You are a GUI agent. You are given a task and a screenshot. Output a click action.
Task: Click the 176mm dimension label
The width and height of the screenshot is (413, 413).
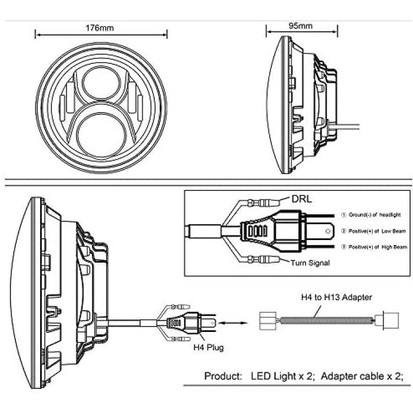click(100, 28)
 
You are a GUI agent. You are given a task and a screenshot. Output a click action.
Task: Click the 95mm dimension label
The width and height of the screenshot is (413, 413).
click(301, 26)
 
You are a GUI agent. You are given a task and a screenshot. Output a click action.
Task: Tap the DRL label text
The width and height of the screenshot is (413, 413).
click(302, 199)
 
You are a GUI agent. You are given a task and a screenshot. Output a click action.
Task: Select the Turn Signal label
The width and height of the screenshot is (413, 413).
click(310, 263)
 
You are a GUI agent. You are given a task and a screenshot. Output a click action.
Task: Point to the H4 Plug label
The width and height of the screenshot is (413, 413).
click(208, 347)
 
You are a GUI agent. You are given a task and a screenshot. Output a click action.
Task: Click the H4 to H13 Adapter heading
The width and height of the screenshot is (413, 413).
click(336, 297)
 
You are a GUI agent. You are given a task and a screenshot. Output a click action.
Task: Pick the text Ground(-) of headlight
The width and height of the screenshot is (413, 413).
click(374, 215)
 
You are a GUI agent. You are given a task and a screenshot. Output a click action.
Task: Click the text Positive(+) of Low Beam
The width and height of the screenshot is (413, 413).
click(377, 231)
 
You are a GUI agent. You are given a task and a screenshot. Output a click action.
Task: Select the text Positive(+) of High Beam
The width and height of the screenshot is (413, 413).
click(377, 247)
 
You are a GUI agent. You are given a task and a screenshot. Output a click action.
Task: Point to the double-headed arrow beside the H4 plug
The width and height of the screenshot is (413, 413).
click(232, 323)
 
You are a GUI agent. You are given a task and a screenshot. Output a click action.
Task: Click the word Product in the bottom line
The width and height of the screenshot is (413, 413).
click(223, 376)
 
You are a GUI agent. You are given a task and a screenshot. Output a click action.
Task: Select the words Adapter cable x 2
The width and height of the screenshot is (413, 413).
click(362, 376)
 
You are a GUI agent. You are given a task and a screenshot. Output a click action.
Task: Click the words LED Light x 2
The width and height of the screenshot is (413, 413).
click(282, 376)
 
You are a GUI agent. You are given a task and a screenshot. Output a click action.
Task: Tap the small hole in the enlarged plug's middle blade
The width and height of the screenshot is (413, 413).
click(328, 231)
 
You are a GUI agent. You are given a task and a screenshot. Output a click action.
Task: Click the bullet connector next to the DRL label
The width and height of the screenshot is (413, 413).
click(263, 203)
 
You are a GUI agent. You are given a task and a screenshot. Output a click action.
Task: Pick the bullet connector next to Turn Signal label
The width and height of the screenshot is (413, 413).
click(263, 259)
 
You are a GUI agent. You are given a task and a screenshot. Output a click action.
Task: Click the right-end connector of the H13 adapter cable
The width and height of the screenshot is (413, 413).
click(387, 320)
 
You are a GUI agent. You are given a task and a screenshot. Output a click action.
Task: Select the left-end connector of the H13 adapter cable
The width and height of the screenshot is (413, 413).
click(268, 321)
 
